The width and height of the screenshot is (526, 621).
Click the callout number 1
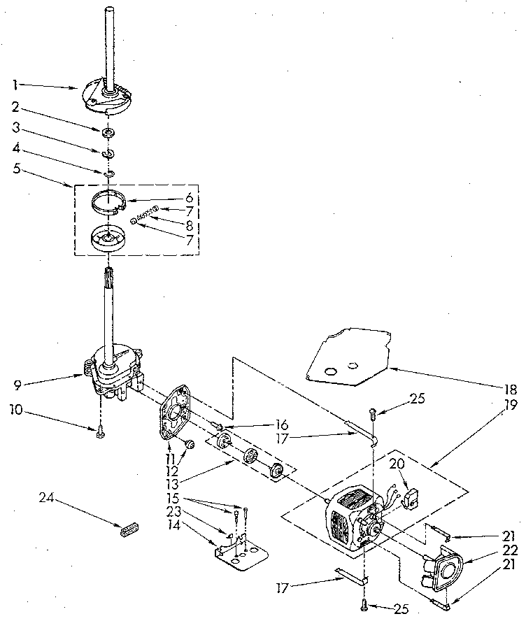tap(16, 85)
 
